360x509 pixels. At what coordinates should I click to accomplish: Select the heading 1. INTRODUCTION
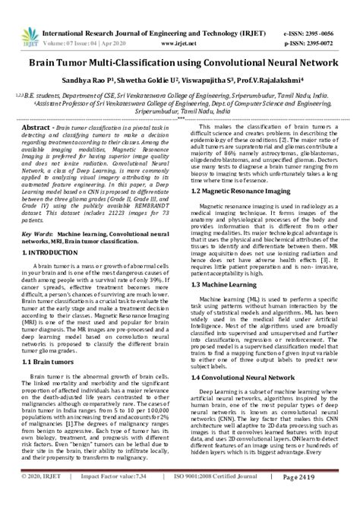49,250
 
